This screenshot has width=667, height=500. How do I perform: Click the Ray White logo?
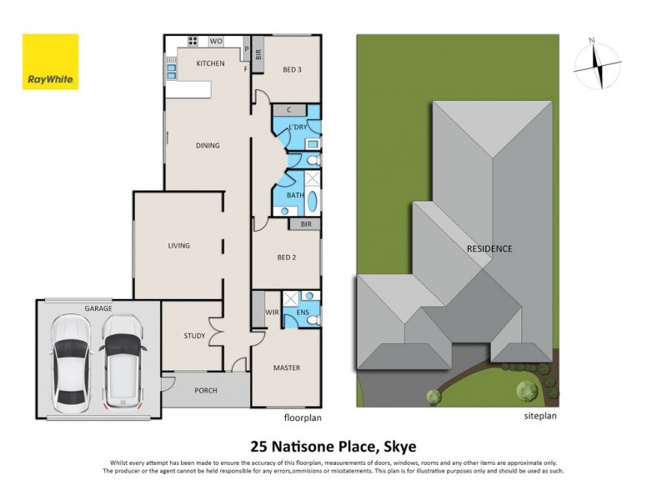(x=50, y=62)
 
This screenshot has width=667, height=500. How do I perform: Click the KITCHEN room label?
(x=210, y=63)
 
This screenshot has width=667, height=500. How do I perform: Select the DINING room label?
(x=208, y=146)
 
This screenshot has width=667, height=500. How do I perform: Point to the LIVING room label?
(x=178, y=246)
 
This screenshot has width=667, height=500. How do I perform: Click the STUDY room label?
(x=194, y=336)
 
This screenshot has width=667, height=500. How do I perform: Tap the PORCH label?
(x=206, y=390)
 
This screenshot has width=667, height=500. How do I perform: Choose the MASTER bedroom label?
(x=286, y=367)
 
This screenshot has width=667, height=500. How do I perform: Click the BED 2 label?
(x=286, y=257)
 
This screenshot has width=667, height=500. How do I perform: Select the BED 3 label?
(x=292, y=70)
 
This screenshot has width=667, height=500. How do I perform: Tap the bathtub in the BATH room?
(x=313, y=201)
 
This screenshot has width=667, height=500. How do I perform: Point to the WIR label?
(x=271, y=313)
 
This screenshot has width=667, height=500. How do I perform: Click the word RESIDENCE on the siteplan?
(x=489, y=249)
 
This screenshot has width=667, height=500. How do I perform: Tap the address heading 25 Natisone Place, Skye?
(x=333, y=445)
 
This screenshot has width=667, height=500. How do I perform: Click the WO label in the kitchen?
(x=215, y=41)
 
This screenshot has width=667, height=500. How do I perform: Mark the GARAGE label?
(x=98, y=308)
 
